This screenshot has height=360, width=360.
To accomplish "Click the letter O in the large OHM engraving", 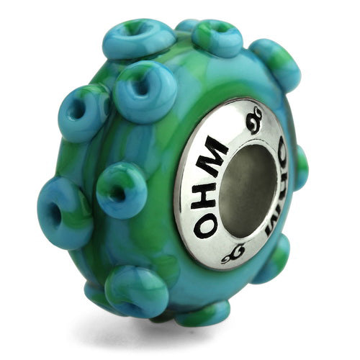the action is pos(207,225).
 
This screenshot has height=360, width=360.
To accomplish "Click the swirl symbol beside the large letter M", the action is pos(254,121).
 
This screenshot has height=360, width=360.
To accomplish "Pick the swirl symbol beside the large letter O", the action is pos(233,255).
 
